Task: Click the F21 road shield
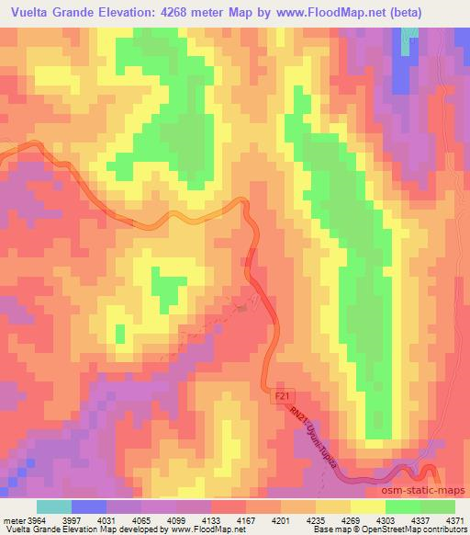(x=284, y=395)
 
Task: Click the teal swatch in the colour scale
(x=52, y=507)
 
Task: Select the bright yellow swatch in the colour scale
(x=350, y=507)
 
